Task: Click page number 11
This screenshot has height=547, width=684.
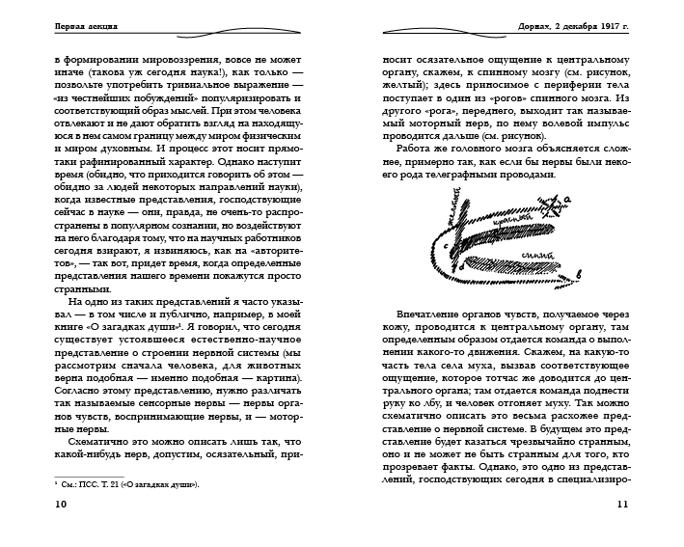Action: tap(621, 530)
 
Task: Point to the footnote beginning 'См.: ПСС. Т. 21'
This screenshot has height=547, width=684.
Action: tap(126, 484)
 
